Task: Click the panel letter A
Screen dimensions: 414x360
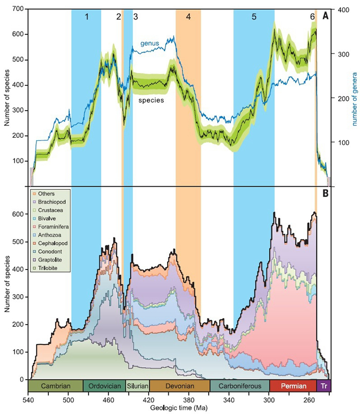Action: tap(325, 16)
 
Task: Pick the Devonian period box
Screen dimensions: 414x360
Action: tap(179, 386)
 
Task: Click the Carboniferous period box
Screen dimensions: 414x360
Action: tap(240, 386)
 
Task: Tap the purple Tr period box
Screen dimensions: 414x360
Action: tap(324, 386)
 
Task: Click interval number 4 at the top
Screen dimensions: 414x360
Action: tap(188, 16)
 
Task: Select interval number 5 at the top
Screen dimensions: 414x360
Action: tap(254, 16)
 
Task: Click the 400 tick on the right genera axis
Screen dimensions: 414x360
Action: tap(340, 10)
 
